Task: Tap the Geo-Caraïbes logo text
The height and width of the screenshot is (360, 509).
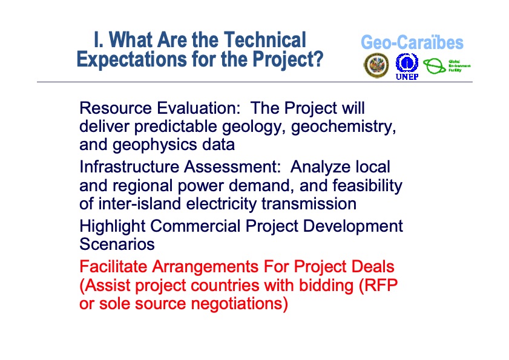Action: (x=412, y=42)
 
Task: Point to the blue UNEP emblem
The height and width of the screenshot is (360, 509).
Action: (x=407, y=64)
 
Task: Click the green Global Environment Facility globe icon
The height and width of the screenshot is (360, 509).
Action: (x=434, y=65)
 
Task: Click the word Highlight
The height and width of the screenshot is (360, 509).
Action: (x=113, y=226)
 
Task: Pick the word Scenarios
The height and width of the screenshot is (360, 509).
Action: (x=117, y=244)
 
